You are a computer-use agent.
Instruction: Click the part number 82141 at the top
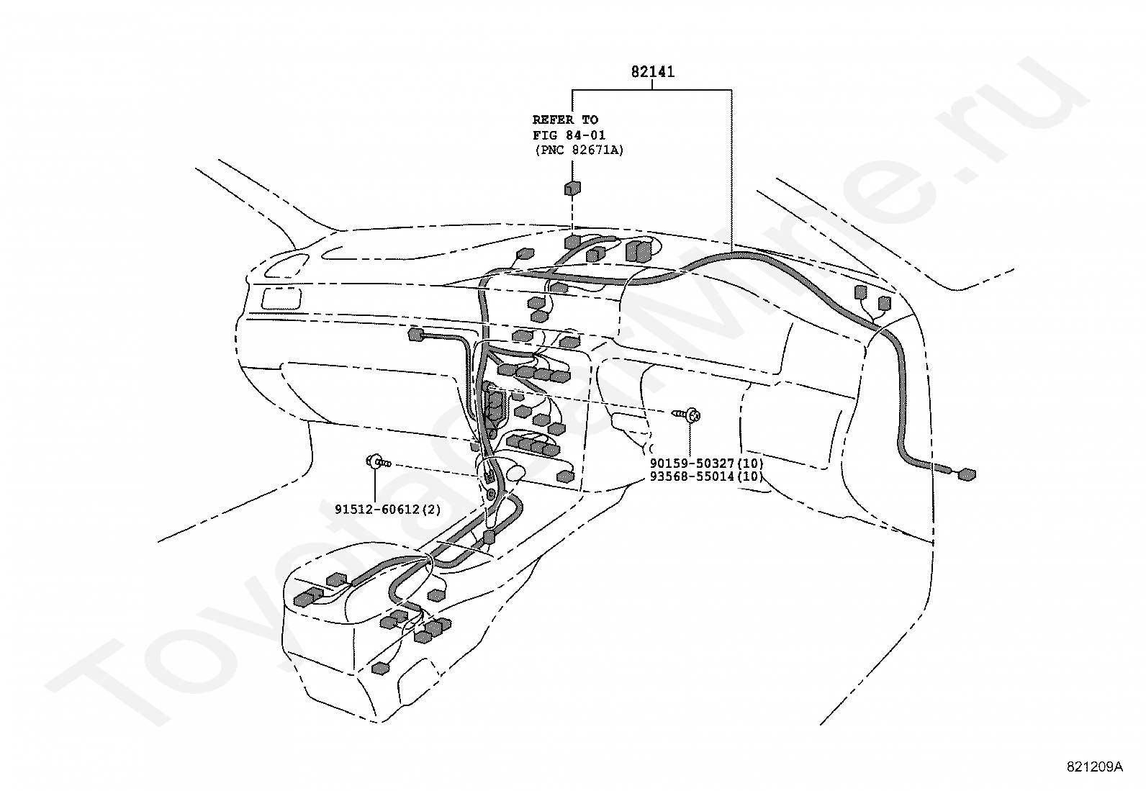pos(652,72)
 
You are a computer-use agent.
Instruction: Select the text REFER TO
pos(565,119)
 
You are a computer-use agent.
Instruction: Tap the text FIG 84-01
pos(569,135)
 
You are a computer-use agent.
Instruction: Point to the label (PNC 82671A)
pos(579,150)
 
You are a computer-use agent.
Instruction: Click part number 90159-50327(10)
pos(706,463)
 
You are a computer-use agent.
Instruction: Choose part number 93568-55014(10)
pos(706,476)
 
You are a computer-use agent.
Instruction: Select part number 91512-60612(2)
pos(387,510)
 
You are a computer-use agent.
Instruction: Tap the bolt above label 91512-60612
pos(379,462)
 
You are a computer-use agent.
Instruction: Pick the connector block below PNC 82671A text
pos(572,189)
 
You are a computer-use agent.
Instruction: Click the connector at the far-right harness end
pos(967,474)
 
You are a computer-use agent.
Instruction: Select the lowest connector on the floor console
pos(380,668)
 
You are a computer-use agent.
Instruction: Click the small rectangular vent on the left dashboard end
pos(280,299)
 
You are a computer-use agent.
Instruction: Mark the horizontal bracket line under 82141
pos(651,90)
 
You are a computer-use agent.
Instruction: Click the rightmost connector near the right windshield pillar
pos(884,304)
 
